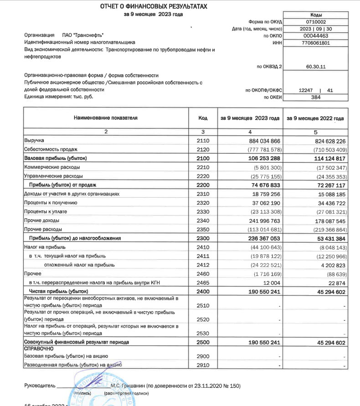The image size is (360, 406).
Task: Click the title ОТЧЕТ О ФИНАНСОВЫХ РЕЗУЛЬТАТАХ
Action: [154, 6]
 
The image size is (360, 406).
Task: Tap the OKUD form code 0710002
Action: [316, 21]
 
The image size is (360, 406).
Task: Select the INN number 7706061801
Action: [316, 43]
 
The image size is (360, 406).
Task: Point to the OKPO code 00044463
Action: [316, 36]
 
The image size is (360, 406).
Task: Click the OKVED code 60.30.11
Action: [316, 67]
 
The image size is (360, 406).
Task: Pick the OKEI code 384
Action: [316, 97]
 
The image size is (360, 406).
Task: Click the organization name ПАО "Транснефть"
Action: [83, 35]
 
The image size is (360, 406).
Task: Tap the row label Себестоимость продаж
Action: [51, 149]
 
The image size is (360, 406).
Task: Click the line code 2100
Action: [203, 158]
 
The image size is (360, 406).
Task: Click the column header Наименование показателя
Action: [106, 118]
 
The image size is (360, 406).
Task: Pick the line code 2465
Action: [203, 283]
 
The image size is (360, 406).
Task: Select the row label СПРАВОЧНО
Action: [40, 348]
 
